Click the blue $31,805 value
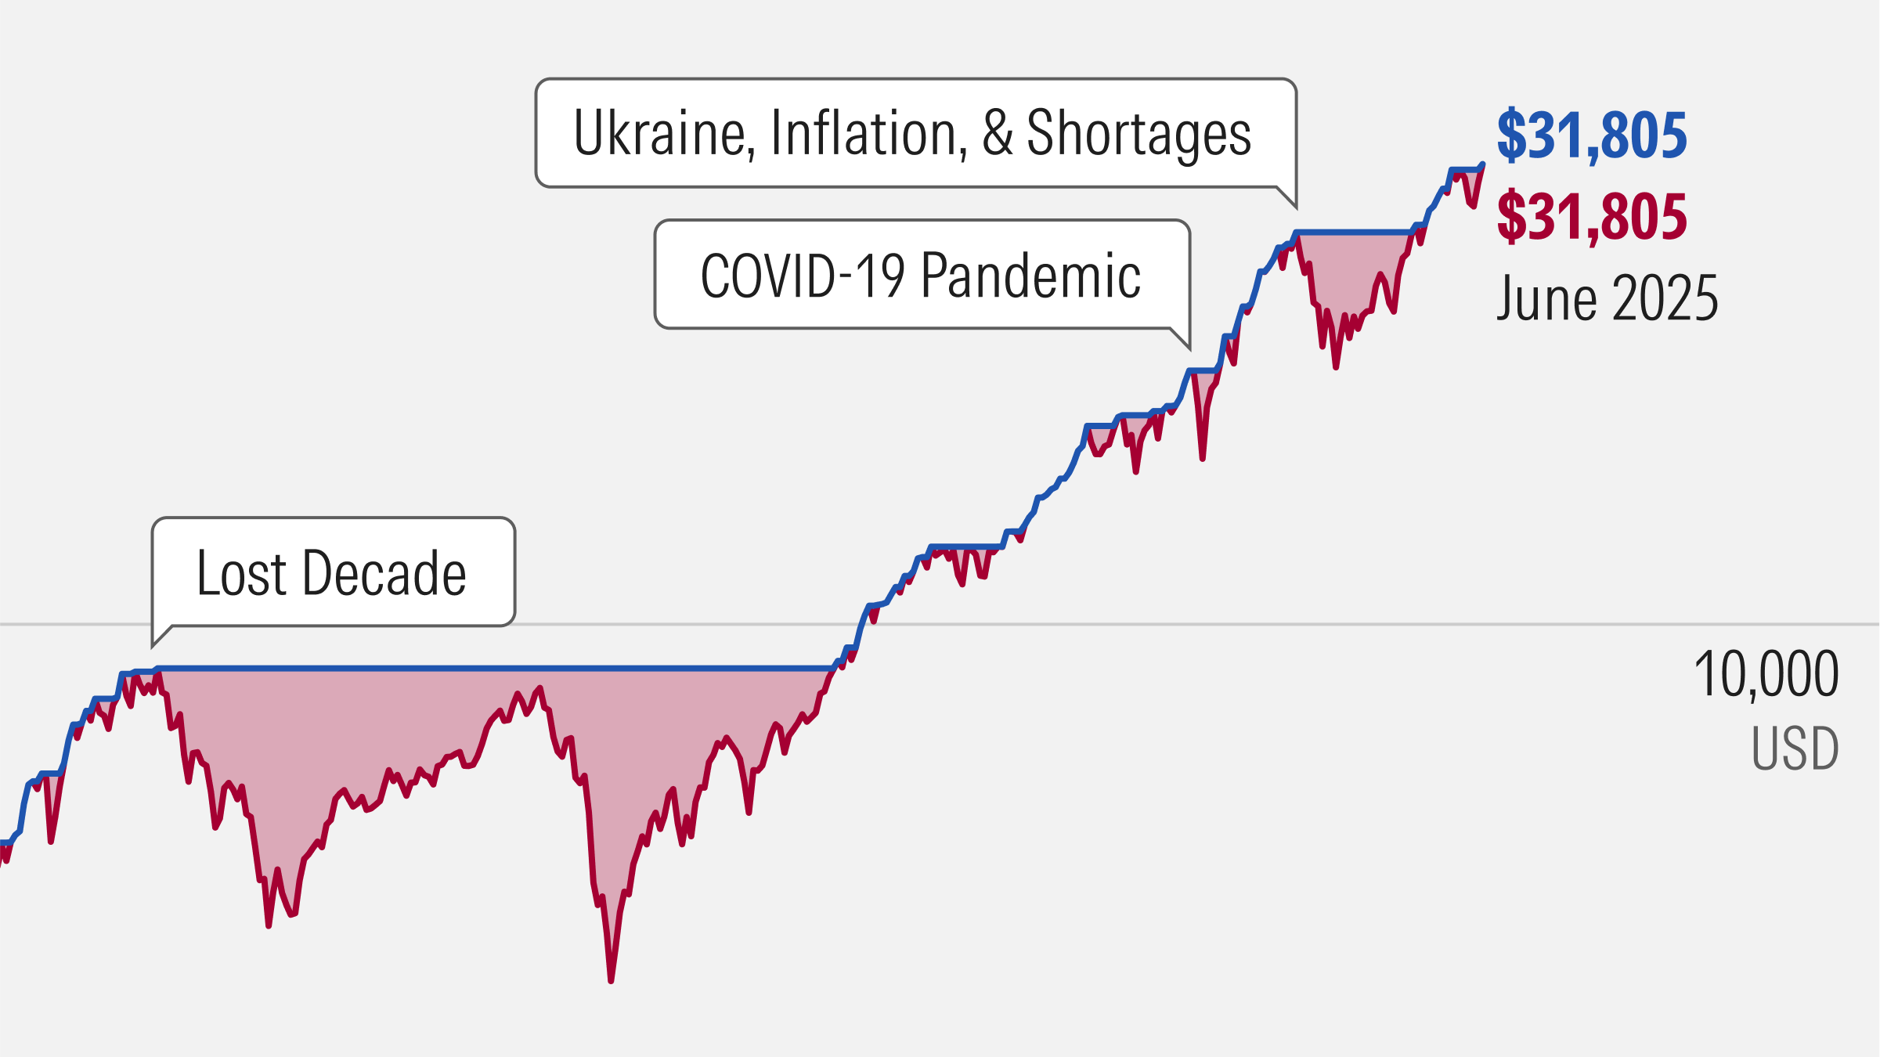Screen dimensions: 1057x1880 pos(1591,136)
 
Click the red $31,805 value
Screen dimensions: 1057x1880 pos(1591,218)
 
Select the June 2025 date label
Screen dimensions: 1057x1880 pos(1607,298)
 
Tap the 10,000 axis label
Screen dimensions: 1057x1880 pos(1766,674)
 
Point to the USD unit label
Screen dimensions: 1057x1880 pos(1795,749)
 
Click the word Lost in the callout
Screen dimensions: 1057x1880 pos(242,573)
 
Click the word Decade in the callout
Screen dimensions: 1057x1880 pos(384,573)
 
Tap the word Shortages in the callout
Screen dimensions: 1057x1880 pos(1138,133)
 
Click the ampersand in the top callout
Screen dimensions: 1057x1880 pos(998,133)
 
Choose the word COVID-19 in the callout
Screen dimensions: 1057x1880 pos(802,276)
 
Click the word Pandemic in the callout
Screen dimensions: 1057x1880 pos(1031,276)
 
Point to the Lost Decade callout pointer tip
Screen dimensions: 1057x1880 pos(153,647)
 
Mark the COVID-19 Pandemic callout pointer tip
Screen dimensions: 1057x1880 pos(1189,348)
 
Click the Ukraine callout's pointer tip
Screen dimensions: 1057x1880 pos(1296,207)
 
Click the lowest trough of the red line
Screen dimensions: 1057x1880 pos(611,980)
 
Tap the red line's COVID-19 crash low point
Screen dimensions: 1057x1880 pos(1202,459)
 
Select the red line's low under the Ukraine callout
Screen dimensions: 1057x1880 pos(1336,367)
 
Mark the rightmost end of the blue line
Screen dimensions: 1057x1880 pos(1483,164)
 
